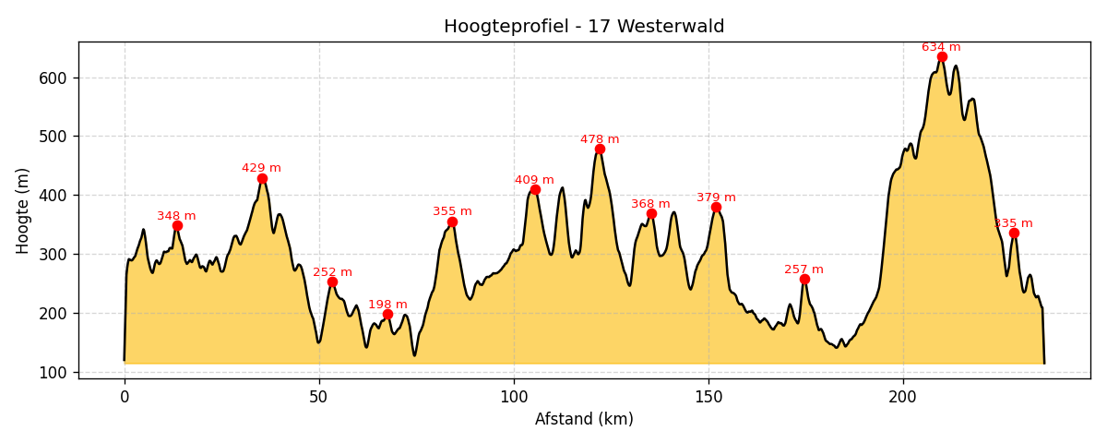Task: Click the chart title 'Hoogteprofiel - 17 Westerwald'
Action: [584, 27]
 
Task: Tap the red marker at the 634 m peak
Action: [942, 57]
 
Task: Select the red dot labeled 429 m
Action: [262, 179]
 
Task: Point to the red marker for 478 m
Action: [600, 150]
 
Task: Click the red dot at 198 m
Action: [387, 315]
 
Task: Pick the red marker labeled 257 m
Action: [804, 280]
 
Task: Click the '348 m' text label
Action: [176, 216]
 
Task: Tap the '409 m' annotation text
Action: [534, 180]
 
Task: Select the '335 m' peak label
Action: [1013, 223]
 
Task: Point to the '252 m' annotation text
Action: [332, 272]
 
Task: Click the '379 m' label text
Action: [716, 198]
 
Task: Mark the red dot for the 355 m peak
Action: [452, 222]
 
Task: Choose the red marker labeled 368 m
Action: [651, 214]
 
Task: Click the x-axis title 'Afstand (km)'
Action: [584, 419]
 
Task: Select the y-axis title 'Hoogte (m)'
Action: [23, 210]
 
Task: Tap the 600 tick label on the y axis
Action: [54, 78]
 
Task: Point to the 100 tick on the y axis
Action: [54, 372]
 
